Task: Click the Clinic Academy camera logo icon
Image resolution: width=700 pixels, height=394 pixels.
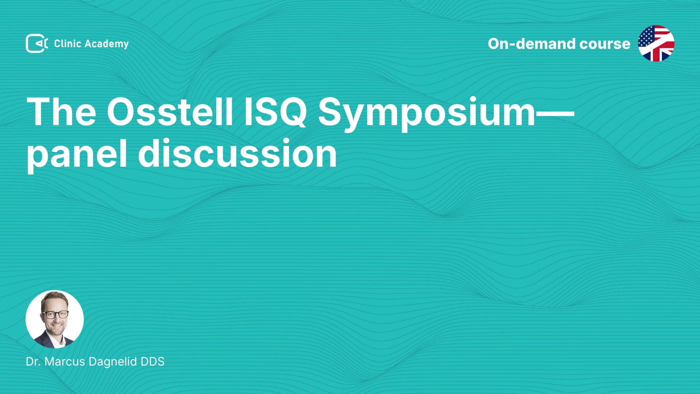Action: [37, 43]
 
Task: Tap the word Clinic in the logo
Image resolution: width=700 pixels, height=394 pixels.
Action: [67, 43]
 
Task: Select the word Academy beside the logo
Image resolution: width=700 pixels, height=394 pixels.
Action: [106, 44]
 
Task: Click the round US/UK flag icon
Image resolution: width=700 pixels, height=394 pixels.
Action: [656, 43]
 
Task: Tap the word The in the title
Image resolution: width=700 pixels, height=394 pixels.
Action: [61, 112]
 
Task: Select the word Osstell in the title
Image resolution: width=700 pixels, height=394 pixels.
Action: [170, 112]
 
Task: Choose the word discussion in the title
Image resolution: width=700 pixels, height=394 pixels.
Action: [237, 153]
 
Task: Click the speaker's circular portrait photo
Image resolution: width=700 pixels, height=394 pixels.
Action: [55, 319]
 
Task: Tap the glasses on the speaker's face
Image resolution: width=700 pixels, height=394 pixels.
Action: [55, 314]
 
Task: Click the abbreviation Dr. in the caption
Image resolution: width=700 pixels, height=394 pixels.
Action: [33, 362]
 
